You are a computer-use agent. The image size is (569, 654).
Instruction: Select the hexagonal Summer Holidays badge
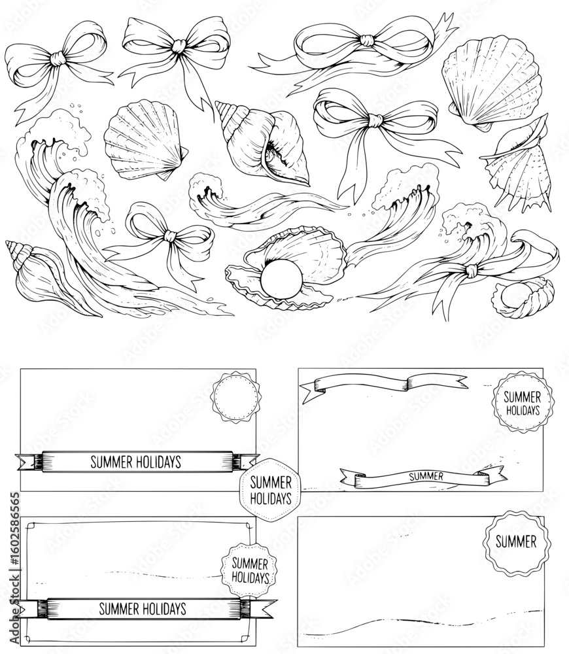click(270, 490)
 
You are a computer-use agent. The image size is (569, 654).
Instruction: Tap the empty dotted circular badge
click(235, 397)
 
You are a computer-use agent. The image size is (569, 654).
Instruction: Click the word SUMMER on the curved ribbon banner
click(426, 476)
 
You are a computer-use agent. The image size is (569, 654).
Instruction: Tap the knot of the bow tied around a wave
click(471, 271)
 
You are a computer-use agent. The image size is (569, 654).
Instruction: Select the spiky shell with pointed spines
click(518, 164)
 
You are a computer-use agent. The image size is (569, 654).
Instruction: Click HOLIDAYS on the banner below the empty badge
click(161, 462)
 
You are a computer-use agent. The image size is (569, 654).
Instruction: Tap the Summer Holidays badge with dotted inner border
click(250, 570)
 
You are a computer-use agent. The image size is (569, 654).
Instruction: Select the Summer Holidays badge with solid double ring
click(523, 402)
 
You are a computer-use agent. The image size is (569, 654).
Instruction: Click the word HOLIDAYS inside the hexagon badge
click(271, 498)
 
